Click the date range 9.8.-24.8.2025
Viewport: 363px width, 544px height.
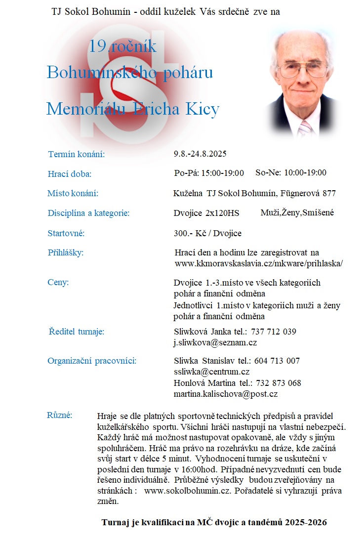[200, 154]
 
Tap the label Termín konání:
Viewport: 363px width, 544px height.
[77, 155]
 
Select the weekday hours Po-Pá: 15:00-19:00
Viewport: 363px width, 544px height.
[209, 173]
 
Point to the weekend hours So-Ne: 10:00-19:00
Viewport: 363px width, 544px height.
[291, 172]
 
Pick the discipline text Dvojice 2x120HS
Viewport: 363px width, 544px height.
[206, 213]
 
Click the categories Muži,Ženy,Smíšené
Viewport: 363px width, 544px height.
[297, 212]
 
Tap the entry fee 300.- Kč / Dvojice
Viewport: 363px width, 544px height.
[207, 233]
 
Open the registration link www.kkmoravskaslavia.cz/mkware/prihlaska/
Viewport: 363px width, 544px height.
[259, 263]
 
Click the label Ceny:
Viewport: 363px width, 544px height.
[58, 282]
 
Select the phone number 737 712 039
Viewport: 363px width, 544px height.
[274, 332]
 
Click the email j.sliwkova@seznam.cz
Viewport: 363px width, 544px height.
[215, 342]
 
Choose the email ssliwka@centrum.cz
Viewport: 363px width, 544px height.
[211, 372]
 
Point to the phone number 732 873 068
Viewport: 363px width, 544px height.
[278, 383]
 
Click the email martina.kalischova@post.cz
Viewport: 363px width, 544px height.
[226, 394]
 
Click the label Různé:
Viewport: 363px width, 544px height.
[60, 415]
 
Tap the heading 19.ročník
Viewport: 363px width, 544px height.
[123, 46]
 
